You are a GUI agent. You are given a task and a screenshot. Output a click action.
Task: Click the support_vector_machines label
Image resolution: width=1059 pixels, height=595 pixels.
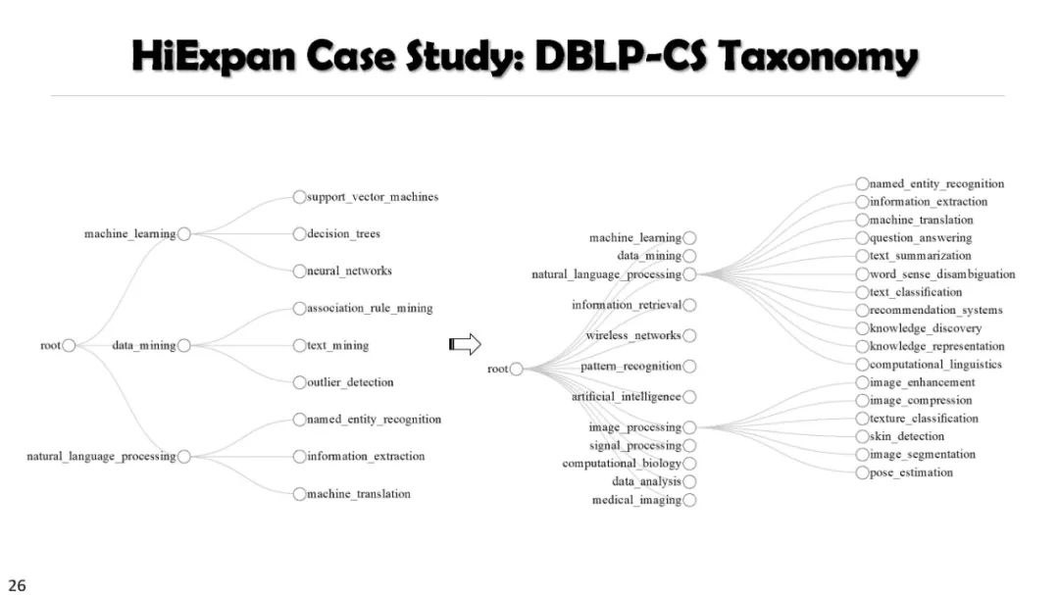click(373, 197)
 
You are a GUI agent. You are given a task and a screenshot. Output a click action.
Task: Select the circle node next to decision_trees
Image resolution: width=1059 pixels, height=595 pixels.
click(299, 234)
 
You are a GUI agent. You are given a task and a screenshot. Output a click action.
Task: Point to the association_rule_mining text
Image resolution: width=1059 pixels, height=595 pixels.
click(370, 308)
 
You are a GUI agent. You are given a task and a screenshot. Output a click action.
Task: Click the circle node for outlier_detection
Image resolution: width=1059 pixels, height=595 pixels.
click(299, 382)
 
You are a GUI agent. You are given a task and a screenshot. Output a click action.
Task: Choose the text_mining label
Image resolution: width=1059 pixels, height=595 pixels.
click(338, 346)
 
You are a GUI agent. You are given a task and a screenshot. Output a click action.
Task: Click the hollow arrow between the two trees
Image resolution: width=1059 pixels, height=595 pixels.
click(465, 344)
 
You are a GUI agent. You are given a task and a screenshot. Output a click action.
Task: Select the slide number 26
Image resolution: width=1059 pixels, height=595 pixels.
click(18, 585)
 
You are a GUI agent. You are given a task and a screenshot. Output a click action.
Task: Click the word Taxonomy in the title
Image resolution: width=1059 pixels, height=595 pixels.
click(819, 58)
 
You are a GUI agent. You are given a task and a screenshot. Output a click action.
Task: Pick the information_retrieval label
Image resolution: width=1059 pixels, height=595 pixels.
click(626, 305)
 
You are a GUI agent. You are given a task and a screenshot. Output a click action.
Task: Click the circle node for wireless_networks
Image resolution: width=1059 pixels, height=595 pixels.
click(690, 335)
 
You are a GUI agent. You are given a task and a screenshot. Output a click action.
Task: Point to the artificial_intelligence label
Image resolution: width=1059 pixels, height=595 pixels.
click(626, 397)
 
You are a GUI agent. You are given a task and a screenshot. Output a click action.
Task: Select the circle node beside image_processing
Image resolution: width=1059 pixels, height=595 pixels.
click(690, 427)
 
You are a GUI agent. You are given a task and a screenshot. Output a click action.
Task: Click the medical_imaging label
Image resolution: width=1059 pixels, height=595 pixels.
click(636, 501)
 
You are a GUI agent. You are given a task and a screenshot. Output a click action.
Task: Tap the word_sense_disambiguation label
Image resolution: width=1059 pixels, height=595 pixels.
click(942, 274)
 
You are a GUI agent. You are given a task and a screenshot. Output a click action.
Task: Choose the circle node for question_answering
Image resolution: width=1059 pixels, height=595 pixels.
click(862, 238)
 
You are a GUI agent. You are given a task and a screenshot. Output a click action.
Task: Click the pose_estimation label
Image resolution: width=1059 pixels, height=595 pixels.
click(911, 473)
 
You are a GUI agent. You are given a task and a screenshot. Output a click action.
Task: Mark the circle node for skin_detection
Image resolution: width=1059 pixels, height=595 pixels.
click(862, 437)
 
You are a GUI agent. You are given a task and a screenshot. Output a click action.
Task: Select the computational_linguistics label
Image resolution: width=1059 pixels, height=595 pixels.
click(935, 365)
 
